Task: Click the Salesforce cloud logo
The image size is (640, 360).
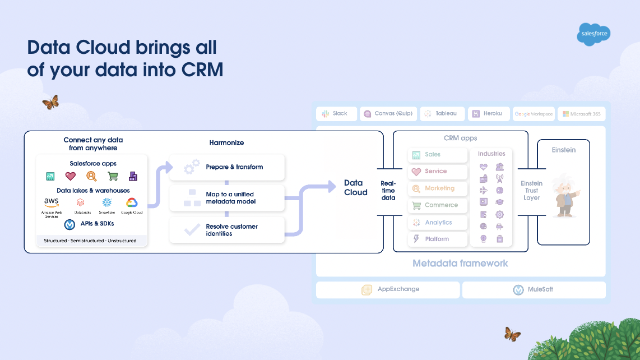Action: point(593,34)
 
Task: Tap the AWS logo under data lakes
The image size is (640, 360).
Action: point(52,203)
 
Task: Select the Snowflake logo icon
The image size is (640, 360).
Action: point(107,203)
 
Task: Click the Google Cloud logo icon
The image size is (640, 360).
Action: point(132,203)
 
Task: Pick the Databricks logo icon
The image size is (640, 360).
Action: point(80,203)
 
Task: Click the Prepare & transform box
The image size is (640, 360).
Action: point(227,167)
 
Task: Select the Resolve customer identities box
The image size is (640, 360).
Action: point(227,230)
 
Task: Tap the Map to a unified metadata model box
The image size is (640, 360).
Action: point(227,197)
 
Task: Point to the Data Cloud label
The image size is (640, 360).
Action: point(356,188)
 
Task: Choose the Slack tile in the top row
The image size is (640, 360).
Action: point(336,114)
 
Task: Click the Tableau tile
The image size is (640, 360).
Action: point(442,114)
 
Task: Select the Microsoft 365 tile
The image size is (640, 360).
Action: point(581,114)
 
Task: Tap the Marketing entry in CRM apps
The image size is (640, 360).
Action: point(437,188)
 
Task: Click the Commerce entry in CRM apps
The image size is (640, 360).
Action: point(437,205)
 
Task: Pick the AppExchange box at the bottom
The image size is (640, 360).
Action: point(388,290)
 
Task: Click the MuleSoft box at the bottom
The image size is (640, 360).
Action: point(534,290)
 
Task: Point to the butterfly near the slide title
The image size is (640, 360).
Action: point(50,102)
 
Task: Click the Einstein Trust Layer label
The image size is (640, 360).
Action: point(531,191)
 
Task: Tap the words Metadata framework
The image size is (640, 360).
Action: point(460,264)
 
